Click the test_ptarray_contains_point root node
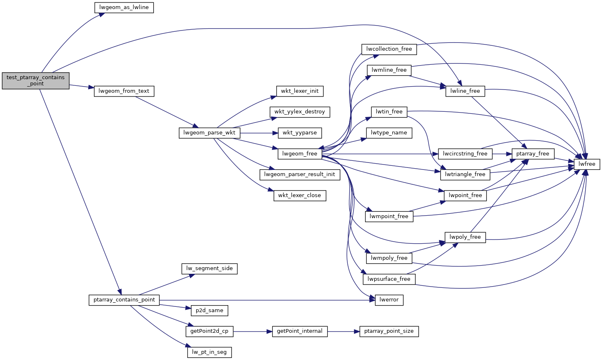click(x=35, y=81)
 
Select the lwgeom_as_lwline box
click(x=124, y=7)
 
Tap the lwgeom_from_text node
click(x=124, y=91)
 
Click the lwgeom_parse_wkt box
click(x=209, y=133)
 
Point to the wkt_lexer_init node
click(x=300, y=91)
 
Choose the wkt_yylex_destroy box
click(x=300, y=112)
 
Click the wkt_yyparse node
click(x=300, y=133)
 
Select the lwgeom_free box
click(x=300, y=154)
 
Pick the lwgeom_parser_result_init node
click(x=300, y=174)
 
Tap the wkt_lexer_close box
click(x=300, y=195)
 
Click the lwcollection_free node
click(x=389, y=49)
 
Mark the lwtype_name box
click(x=389, y=133)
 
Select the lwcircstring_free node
click(x=465, y=154)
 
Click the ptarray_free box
click(x=533, y=154)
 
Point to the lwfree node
click(x=587, y=164)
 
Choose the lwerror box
click(x=389, y=300)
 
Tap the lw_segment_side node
click(x=209, y=268)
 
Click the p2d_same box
click(x=209, y=311)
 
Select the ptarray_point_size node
click(x=389, y=331)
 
